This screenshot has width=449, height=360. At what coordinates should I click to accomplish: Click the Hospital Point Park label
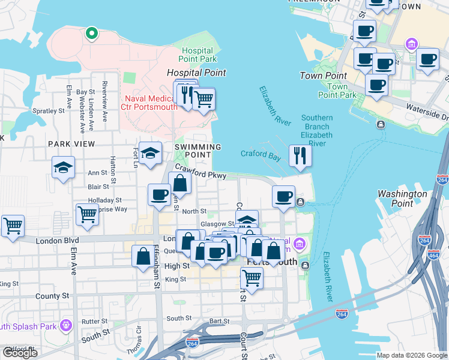click(x=197, y=55)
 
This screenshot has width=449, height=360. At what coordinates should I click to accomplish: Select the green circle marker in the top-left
click(x=91, y=33)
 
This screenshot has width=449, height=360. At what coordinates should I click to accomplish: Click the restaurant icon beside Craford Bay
click(x=299, y=155)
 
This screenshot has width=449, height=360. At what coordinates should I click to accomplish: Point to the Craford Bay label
click(x=261, y=154)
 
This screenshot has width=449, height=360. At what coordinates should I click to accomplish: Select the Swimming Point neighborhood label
click(x=197, y=151)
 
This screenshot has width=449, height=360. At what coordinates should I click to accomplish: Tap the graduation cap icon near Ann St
click(x=62, y=167)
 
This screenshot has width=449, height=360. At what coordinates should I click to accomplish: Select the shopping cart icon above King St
click(x=252, y=278)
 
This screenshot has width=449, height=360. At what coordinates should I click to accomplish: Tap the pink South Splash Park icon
click(x=65, y=326)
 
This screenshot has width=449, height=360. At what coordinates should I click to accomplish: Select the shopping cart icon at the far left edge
click(x=12, y=226)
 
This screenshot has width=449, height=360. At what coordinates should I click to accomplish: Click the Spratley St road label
click(x=48, y=111)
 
